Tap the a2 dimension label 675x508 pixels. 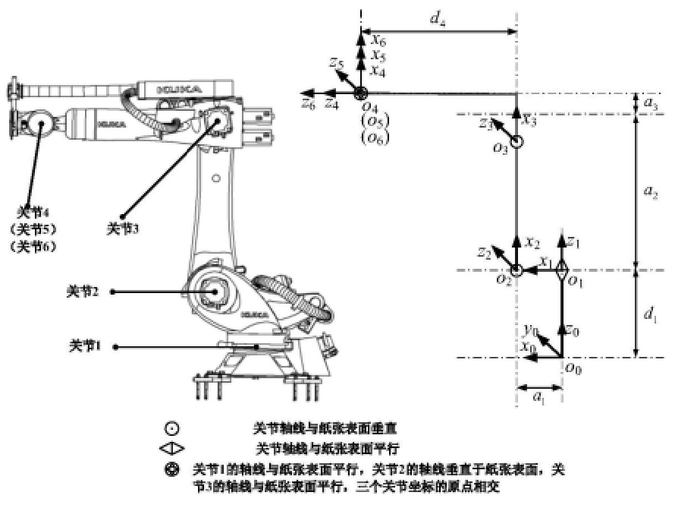[x=650, y=191]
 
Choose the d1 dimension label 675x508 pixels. [x=650, y=313]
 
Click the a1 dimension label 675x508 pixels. [x=539, y=397]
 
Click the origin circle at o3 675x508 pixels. [x=516, y=141]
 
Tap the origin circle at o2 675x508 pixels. [x=516, y=270]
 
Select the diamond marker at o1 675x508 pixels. [x=562, y=270]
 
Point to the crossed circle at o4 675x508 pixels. [x=360, y=93]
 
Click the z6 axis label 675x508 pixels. [x=308, y=104]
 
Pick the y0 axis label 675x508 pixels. [x=530, y=330]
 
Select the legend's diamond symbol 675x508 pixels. [x=172, y=447]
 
